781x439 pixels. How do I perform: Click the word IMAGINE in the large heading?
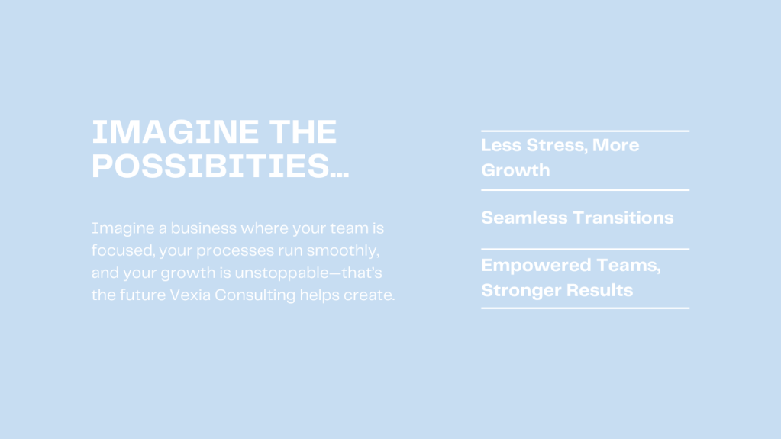coord(175,133)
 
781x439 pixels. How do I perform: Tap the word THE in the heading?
coord(303,133)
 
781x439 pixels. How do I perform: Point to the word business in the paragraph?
coord(204,228)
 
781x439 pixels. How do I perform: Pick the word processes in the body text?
coord(235,250)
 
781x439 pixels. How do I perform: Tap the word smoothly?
coord(343,250)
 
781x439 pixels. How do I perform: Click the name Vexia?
coord(190,295)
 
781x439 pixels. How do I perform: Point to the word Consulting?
coord(255,295)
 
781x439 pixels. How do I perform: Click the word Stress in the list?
coord(557,146)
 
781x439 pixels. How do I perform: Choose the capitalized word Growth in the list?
coord(515,170)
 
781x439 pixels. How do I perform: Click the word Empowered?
coord(536,266)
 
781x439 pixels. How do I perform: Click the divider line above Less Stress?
coord(586,131)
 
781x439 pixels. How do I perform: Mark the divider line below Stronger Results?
coord(586,308)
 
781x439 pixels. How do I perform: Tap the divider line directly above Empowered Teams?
coord(586,249)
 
